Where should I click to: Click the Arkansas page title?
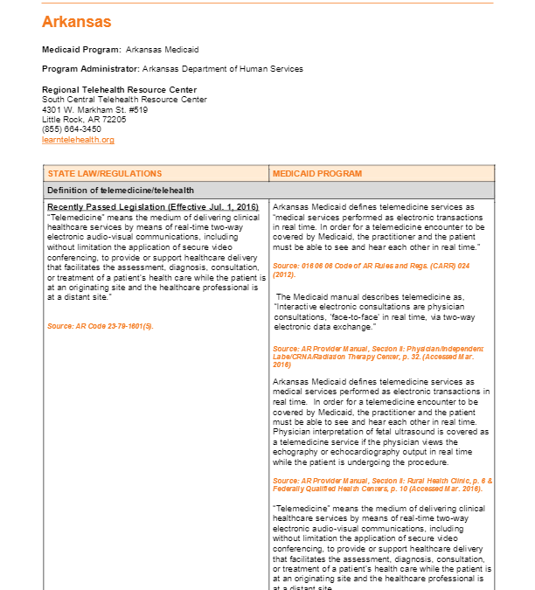click(76, 22)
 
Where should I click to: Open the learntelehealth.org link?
click(78, 140)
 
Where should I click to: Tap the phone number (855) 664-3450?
click(72, 129)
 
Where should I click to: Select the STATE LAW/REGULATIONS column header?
click(105, 174)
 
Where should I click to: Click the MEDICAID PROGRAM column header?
click(317, 174)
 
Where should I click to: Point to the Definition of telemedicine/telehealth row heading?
click(121, 191)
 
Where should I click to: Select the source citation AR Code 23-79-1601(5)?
click(101, 326)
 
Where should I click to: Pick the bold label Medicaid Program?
click(81, 50)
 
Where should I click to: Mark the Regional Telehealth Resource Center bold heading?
click(119, 90)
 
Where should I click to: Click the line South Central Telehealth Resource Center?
click(124, 100)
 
